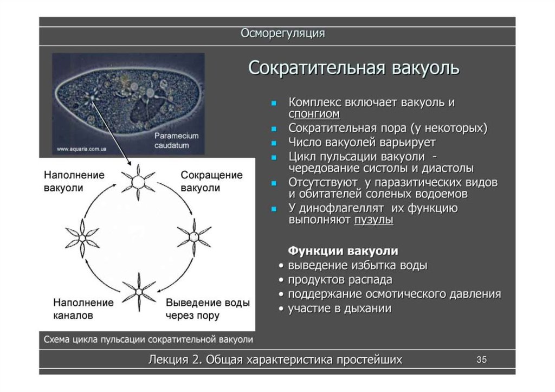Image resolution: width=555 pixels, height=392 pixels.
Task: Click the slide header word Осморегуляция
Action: coord(282,34)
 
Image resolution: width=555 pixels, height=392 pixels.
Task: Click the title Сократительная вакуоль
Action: coord(354,69)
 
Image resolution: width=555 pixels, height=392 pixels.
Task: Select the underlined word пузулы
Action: coord(373,220)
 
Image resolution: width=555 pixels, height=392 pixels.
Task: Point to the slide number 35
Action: coord(481,359)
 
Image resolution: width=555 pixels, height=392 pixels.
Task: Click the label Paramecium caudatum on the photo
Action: coord(176,140)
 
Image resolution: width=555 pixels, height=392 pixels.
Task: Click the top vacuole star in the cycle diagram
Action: coord(138,179)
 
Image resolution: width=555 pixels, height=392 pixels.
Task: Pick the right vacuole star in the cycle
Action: coord(193,236)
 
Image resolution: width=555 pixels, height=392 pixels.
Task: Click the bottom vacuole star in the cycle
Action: coord(139,292)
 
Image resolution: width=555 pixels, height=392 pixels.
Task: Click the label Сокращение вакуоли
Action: coord(211,182)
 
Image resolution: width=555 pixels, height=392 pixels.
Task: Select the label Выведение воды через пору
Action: coord(208,309)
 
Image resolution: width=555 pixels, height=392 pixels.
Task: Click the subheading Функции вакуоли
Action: coord(343,251)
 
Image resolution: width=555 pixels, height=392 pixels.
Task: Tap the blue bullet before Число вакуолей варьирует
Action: coord(275,143)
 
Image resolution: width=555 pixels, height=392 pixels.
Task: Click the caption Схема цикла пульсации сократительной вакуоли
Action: coord(149,339)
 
